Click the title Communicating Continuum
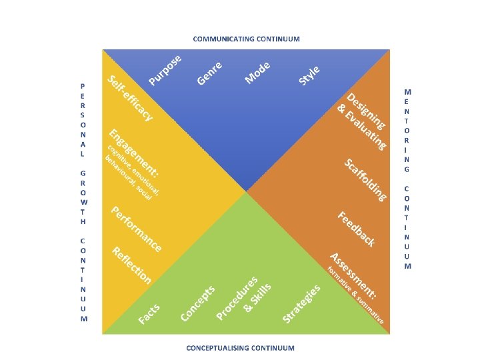click(x=247, y=39)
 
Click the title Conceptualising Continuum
click(x=240, y=347)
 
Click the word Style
click(x=310, y=75)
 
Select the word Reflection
click(x=132, y=265)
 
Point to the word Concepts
click(x=199, y=303)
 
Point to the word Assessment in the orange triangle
click(x=354, y=274)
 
